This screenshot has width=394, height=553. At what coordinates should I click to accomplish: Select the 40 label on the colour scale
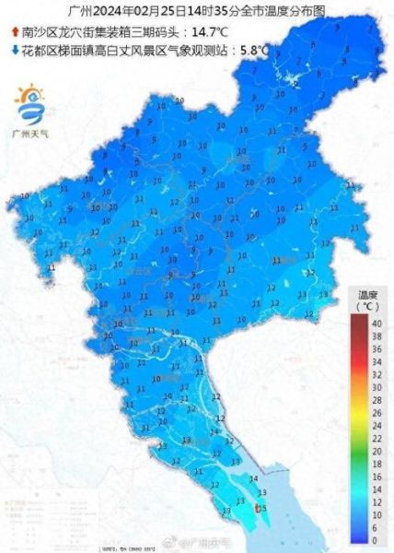tap(376, 324)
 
